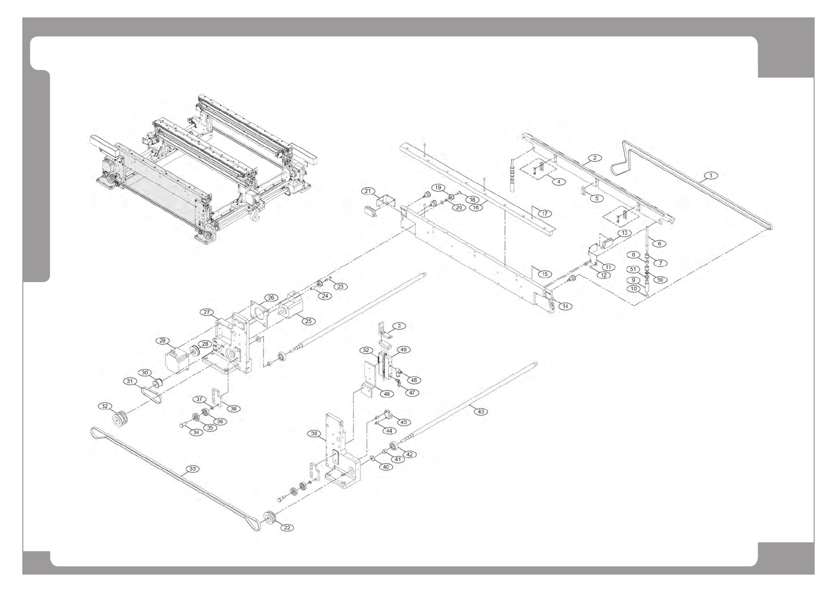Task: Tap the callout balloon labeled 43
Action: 480,411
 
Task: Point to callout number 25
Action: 308,321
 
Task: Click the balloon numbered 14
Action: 565,306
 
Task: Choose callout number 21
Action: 368,191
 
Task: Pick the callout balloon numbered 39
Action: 314,434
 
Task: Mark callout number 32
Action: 105,406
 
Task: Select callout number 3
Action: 399,326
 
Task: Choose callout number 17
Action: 544,214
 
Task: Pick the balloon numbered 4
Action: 558,182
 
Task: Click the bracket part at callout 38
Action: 217,397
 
